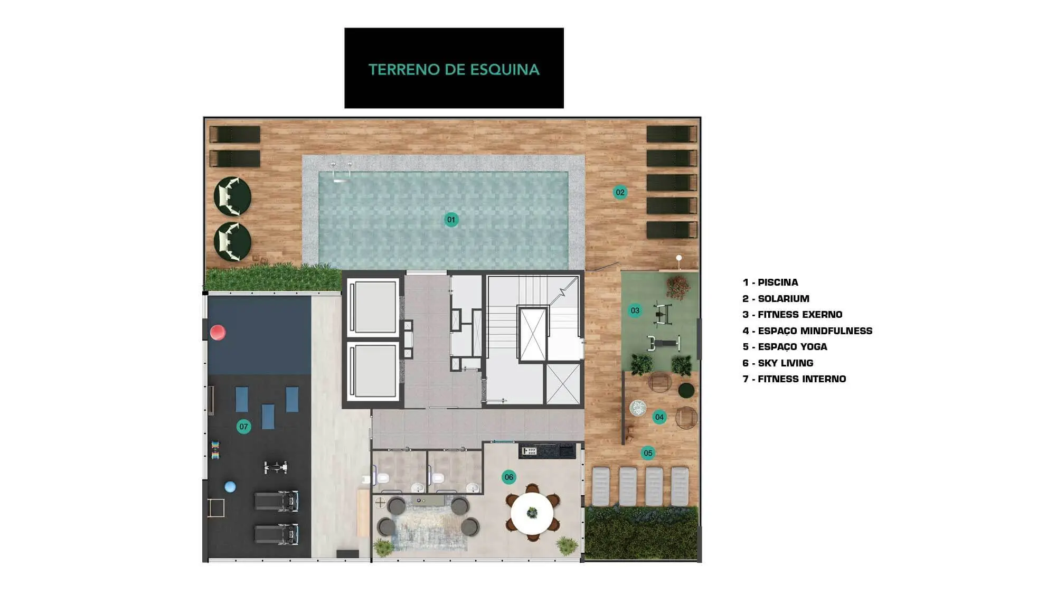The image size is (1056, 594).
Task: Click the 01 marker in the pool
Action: [451, 220]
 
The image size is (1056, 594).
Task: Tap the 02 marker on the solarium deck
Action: [620, 192]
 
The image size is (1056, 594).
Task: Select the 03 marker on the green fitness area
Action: [635, 310]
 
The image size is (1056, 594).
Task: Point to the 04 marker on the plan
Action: [659, 417]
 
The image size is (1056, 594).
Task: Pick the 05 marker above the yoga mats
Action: [648, 453]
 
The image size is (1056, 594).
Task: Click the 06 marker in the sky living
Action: [508, 477]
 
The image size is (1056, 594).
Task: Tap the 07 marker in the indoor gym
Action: [243, 427]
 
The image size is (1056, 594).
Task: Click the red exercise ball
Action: [218, 332]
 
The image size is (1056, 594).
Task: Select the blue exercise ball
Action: [230, 487]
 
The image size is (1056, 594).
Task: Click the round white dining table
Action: [532, 513]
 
